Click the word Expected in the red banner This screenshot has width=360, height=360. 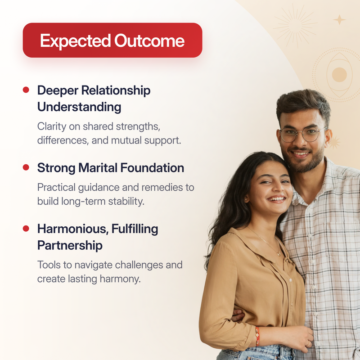click(x=76, y=41)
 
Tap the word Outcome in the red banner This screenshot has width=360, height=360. click(x=149, y=41)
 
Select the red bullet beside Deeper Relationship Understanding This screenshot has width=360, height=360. click(x=26, y=90)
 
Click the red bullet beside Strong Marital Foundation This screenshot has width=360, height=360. click(x=26, y=167)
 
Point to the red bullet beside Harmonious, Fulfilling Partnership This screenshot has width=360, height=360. click(x=26, y=229)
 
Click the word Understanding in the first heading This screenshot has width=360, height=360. click(x=79, y=107)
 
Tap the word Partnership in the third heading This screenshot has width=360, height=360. click(x=70, y=246)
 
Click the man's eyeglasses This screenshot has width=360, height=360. click(x=302, y=134)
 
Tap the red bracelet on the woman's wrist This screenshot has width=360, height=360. click(x=257, y=336)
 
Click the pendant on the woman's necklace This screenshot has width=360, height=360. click(x=279, y=253)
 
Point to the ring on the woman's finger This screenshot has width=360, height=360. click(x=308, y=344)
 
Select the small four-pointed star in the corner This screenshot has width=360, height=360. click(x=340, y=19)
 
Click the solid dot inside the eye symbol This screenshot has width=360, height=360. click(x=339, y=75)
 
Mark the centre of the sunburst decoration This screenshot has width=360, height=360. click(x=296, y=26)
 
